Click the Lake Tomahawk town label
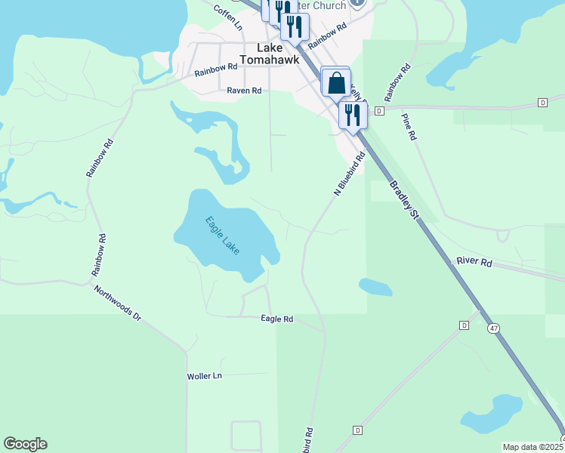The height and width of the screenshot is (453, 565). point(270,53)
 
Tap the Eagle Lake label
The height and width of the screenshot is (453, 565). point(222,235)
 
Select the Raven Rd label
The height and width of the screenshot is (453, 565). point(244,91)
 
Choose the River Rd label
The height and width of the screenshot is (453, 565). point(474,262)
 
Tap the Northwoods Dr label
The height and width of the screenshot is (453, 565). point(117,304)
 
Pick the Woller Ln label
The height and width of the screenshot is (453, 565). point(205,375)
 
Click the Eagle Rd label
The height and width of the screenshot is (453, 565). point(276,319)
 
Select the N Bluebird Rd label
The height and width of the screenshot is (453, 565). point(349,174)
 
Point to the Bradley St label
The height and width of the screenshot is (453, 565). point(403,201)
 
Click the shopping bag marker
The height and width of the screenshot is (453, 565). point(337,82)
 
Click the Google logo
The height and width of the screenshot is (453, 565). point(25,444)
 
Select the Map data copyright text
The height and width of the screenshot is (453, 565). point(533,447)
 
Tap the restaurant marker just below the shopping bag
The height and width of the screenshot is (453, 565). point(352,115)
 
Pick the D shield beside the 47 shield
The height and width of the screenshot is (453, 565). point(465,325)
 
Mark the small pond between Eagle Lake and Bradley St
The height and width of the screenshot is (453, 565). point(375,287)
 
